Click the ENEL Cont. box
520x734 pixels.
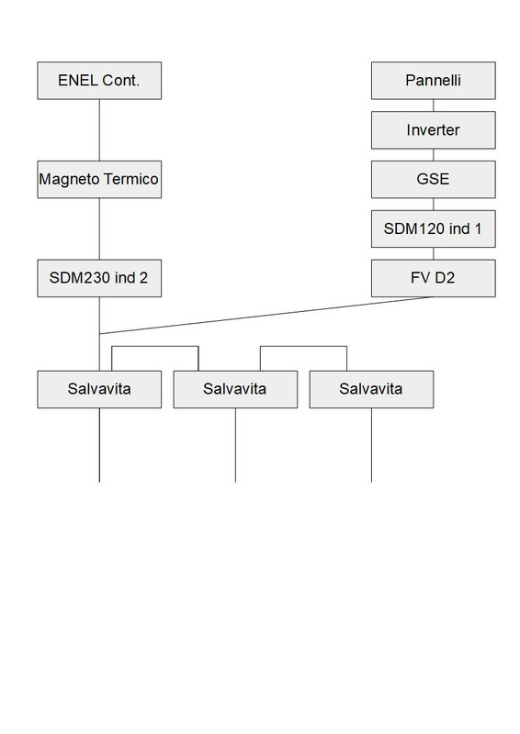tap(99, 81)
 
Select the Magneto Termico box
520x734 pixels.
tap(99, 180)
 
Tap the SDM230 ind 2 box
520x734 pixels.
tap(99, 279)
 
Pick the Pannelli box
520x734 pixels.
tap(434, 81)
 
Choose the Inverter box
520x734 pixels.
tap(434, 130)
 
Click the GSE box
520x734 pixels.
tap(434, 180)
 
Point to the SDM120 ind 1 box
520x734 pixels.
tap(434, 229)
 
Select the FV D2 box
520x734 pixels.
tap(434, 279)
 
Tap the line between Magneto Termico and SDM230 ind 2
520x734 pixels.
tap(99, 229)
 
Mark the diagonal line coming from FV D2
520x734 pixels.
tap(266, 316)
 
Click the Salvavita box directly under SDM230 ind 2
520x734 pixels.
tap(99, 389)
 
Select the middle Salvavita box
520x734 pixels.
tap(235, 389)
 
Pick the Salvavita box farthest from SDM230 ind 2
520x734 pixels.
tap(371, 389)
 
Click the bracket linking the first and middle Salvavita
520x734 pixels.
tap(154, 347)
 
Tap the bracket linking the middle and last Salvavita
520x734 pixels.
tap(303, 347)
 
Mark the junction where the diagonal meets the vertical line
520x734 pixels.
tap(99, 334)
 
